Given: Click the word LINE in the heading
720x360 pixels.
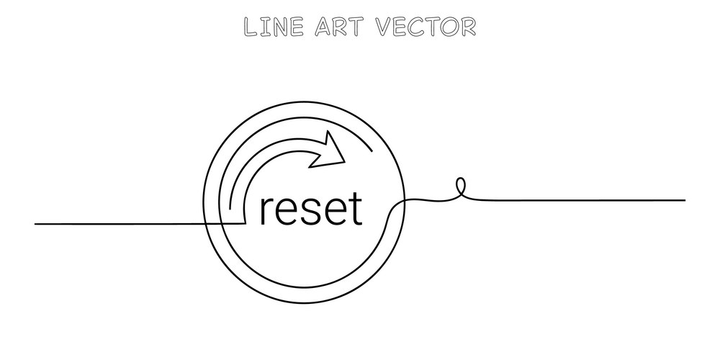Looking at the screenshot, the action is pyautogui.click(x=274, y=27).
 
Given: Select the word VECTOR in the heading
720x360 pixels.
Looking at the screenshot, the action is pyautogui.click(x=426, y=27).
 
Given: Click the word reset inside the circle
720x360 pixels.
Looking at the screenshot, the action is pyautogui.click(x=311, y=210).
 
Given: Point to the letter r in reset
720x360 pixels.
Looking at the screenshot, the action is pyautogui.click(x=266, y=212).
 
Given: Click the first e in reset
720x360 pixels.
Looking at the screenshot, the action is pyautogui.click(x=287, y=213).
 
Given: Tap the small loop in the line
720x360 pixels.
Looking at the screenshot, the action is pyautogui.click(x=461, y=187).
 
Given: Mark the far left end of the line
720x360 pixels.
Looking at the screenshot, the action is pyautogui.click(x=35, y=224).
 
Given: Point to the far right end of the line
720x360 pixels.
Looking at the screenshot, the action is pyautogui.click(x=685, y=200).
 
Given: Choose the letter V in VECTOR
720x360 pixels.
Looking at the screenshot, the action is pyautogui.click(x=386, y=27).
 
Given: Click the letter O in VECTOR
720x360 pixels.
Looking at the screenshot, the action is pyautogui.click(x=448, y=27).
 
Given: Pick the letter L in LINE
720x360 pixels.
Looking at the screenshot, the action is pyautogui.click(x=251, y=27).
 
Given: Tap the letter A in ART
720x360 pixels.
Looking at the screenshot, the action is pyautogui.click(x=323, y=27).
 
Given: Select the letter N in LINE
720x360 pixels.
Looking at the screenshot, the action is pyautogui.click(x=279, y=27).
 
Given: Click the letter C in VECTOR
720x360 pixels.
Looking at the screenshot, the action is pyautogui.click(x=418, y=27).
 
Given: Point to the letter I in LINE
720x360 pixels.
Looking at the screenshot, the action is pyautogui.click(x=264, y=27).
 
